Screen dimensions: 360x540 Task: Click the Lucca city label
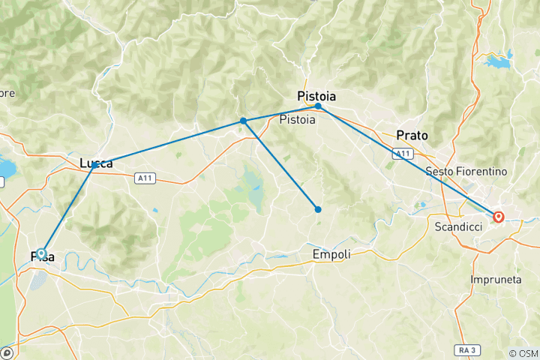click(x=96, y=163)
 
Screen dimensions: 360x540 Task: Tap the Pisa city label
click(x=42, y=257)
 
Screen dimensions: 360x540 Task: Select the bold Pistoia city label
click(x=316, y=96)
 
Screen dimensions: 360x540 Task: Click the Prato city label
click(x=412, y=136)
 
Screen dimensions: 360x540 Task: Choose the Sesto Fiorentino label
click(x=466, y=172)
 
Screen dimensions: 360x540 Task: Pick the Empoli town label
click(x=331, y=255)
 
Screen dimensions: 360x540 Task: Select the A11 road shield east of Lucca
click(x=146, y=178)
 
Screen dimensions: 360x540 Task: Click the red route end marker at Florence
click(x=498, y=217)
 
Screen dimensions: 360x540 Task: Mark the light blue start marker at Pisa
click(x=42, y=253)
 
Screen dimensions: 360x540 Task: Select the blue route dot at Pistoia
click(x=318, y=106)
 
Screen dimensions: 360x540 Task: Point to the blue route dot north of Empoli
click(x=318, y=209)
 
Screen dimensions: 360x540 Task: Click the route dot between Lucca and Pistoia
click(x=243, y=121)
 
